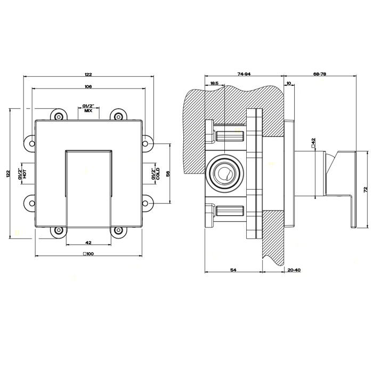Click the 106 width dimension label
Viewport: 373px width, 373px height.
coord(88,86)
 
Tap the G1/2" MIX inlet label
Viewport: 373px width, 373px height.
coord(88,109)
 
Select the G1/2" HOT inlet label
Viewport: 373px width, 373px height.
coord(23,174)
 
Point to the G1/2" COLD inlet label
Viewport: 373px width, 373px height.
coord(156,174)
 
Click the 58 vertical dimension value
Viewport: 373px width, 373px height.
coord(168,174)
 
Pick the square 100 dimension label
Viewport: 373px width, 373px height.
coord(88,254)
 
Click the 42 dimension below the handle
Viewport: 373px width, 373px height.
coord(88,242)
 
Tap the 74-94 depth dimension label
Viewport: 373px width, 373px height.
coord(244,74)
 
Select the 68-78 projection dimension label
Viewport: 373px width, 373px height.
coord(320,74)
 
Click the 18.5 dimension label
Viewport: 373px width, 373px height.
coord(214,83)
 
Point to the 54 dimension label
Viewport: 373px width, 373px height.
coord(233,270)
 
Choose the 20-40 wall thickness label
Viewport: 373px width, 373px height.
coord(294,270)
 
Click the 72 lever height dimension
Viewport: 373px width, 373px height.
coord(366,190)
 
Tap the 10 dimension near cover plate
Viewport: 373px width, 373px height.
coord(289,83)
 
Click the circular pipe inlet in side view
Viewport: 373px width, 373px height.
coord(224,173)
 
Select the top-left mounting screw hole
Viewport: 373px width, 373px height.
coord(59,117)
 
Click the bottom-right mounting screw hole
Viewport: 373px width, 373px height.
coord(118,230)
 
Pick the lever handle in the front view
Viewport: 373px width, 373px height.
coord(88,188)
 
